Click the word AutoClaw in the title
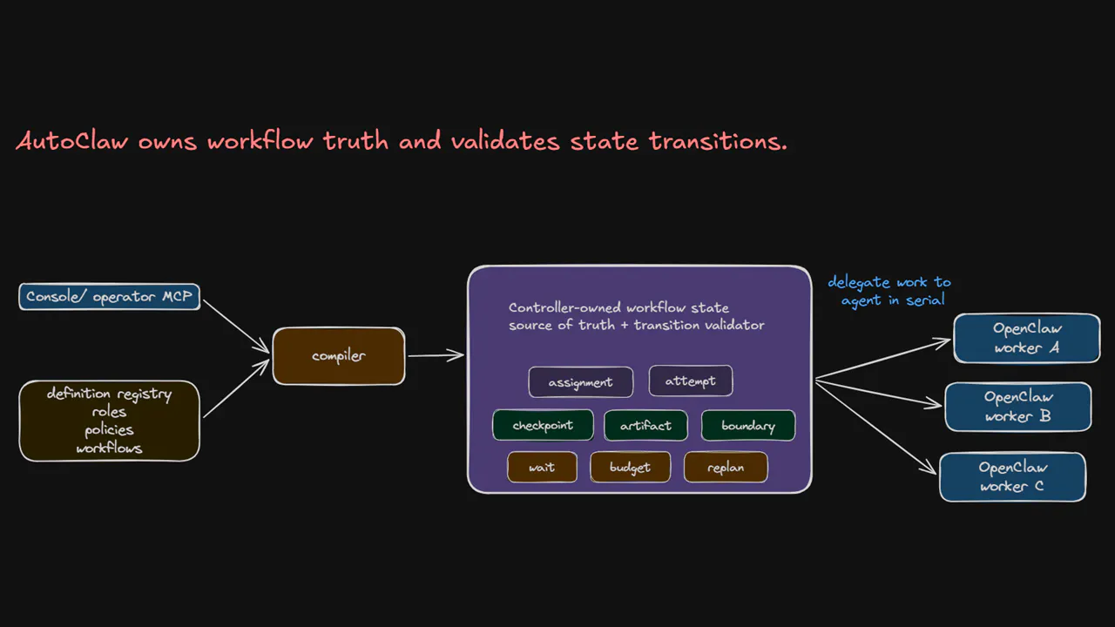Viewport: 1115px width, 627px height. coord(72,141)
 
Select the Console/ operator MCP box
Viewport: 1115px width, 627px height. coord(110,297)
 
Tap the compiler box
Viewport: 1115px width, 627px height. coord(339,356)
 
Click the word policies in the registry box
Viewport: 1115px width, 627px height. coord(109,430)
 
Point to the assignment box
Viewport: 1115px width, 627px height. coord(581,382)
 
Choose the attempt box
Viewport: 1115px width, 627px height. coord(691,381)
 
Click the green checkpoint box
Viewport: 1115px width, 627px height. coord(543,425)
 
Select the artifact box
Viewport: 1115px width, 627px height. coord(645,426)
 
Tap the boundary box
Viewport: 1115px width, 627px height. coord(748,426)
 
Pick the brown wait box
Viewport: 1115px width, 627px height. coord(542,468)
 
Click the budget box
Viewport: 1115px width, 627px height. coord(630,468)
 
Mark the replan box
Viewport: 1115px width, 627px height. coord(726,468)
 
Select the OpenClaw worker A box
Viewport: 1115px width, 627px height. coord(1027,338)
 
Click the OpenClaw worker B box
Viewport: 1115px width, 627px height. coord(1018,407)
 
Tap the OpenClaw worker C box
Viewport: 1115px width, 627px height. coord(1013,476)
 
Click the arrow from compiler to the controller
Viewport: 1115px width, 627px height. coord(436,355)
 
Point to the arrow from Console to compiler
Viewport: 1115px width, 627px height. coord(236,327)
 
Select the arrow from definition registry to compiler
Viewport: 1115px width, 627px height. coord(236,388)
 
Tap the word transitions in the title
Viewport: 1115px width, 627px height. coord(718,141)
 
